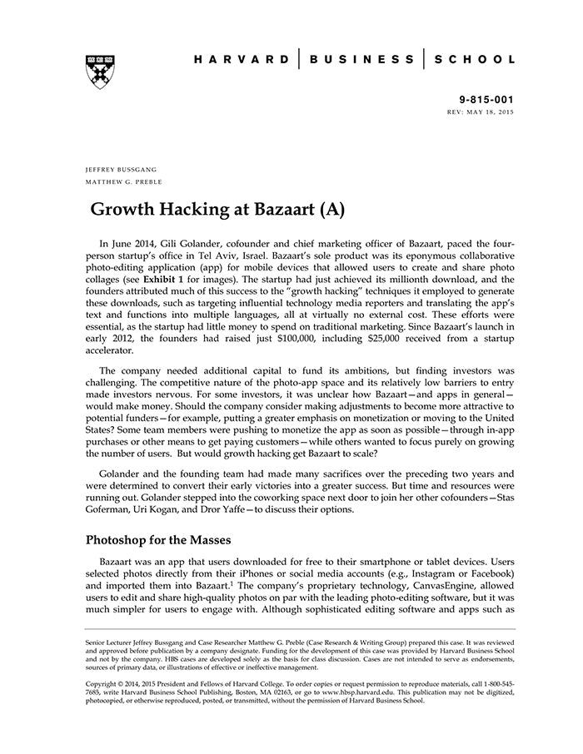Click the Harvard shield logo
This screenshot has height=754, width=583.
tap(99, 72)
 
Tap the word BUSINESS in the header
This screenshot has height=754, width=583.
tap(361, 60)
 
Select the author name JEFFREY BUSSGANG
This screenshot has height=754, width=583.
tap(121, 169)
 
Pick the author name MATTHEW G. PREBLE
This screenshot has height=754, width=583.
tap(124, 181)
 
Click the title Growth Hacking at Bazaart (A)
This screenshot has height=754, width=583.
tap(217, 208)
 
